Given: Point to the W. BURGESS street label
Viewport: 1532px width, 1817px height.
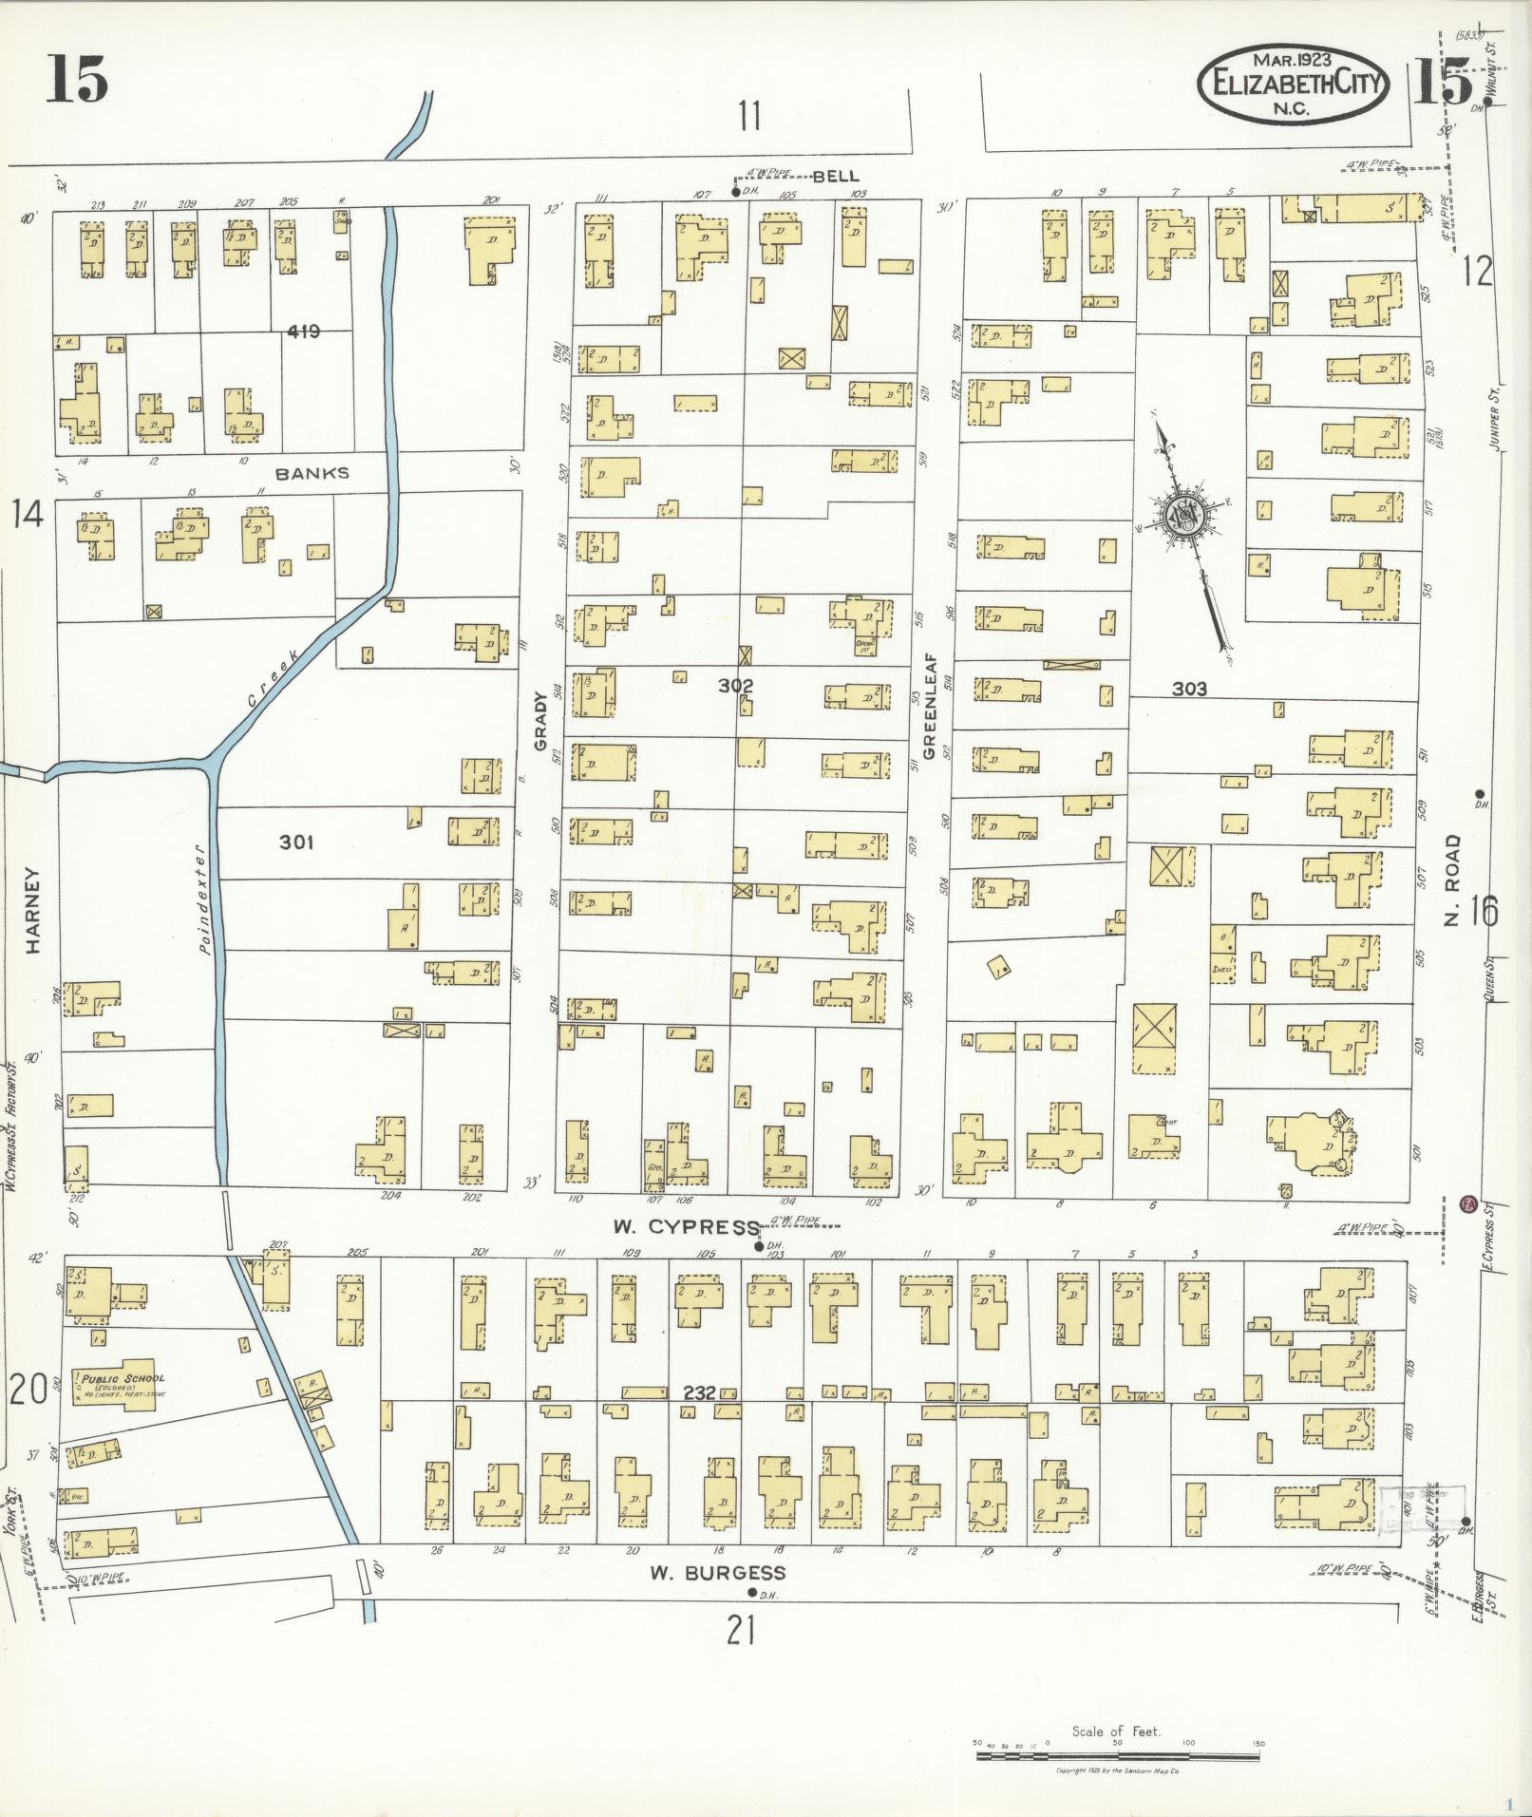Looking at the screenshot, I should [717, 1573].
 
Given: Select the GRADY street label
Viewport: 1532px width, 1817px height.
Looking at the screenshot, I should [541, 722].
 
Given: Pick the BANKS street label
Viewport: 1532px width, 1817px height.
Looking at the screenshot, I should [312, 473].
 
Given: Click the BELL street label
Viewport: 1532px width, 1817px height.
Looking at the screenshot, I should [836, 176].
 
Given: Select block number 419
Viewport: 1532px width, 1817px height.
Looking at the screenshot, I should [304, 331].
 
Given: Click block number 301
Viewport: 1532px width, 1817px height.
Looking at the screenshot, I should [296, 842].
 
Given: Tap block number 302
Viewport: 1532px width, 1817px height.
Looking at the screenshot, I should [736, 685].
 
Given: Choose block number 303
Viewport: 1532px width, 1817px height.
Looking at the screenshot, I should [1188, 689].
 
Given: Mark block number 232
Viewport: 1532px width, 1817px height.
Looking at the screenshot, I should [699, 1392].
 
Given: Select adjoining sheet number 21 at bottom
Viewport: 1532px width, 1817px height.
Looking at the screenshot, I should [741, 1632].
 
